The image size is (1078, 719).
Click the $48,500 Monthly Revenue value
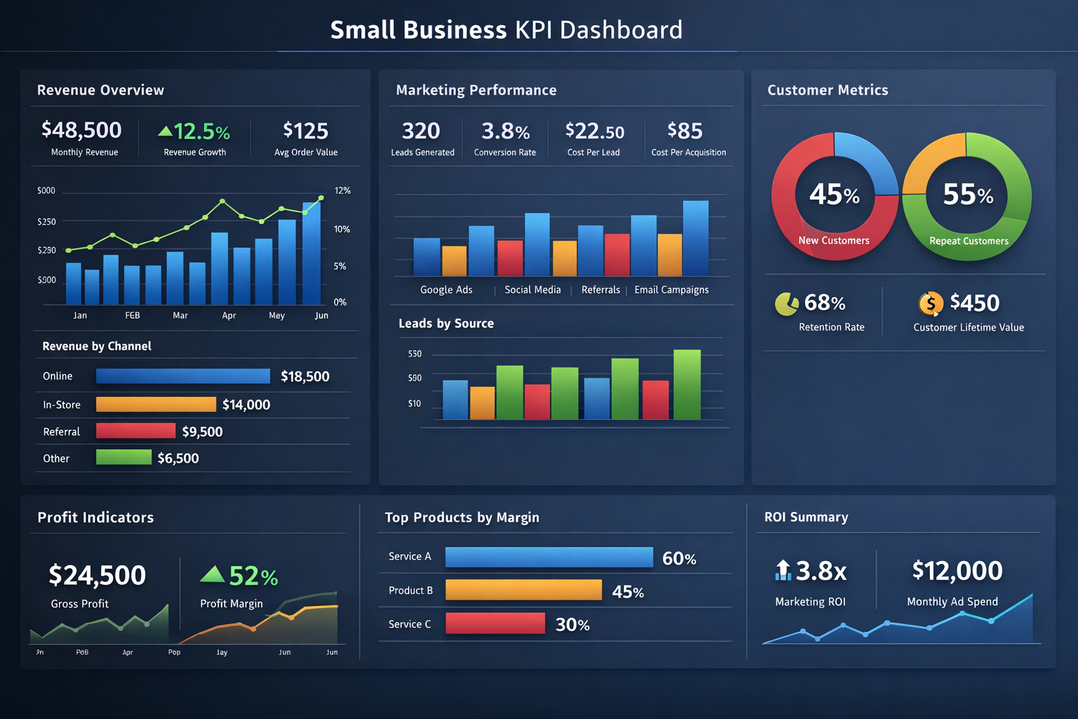[81, 131]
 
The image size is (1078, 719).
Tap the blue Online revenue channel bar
[182, 376]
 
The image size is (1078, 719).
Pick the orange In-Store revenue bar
[156, 404]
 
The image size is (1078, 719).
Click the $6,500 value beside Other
[178, 459]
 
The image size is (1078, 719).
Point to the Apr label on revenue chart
[229, 316]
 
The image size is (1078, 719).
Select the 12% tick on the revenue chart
[342, 191]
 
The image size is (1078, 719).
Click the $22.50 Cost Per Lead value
[594, 131]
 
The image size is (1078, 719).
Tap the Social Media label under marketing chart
[533, 290]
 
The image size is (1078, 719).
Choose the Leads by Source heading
[446, 324]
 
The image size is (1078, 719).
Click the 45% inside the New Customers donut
[834, 194]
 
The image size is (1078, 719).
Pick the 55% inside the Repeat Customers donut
[968, 194]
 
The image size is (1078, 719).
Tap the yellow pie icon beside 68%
[786, 304]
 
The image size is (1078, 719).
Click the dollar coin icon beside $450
[931, 304]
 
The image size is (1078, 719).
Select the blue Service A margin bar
[549, 558]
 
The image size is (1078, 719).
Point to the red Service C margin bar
[495, 624]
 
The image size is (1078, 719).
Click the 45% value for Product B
[627, 592]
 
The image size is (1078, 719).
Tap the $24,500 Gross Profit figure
[97, 576]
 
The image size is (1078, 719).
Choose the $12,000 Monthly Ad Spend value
[957, 571]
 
